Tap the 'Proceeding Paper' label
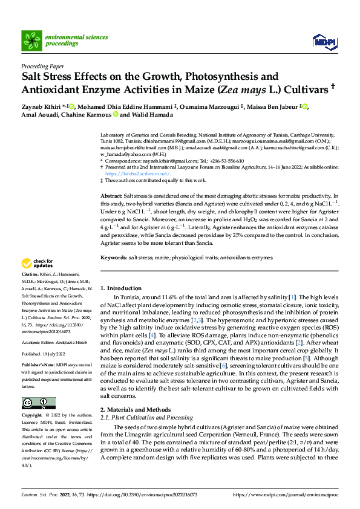click(43, 66)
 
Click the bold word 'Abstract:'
click(111, 197)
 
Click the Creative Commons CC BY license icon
click(38, 403)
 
